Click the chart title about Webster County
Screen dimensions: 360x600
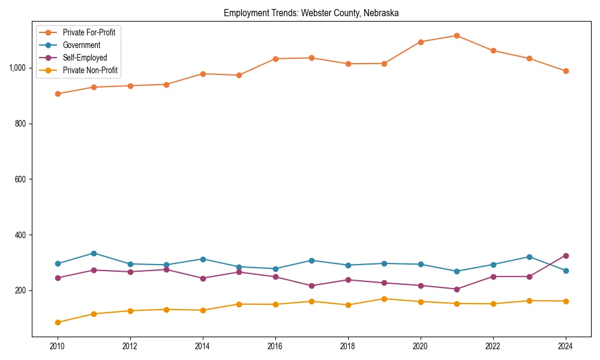click(311, 13)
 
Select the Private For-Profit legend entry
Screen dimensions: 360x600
click(89, 32)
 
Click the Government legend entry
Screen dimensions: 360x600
click(82, 45)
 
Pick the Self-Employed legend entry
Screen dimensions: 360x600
click(85, 58)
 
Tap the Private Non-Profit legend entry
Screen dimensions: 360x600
click(90, 70)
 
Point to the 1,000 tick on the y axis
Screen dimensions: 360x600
click(18, 68)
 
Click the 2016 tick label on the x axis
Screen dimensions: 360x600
click(275, 346)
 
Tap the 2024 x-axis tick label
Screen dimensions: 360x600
click(566, 346)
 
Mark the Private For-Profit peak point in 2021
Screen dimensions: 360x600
click(457, 35)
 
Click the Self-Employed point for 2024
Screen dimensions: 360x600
click(566, 256)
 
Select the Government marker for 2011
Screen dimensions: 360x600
click(94, 253)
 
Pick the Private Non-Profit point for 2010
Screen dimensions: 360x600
click(58, 322)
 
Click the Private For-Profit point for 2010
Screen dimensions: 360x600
click(58, 94)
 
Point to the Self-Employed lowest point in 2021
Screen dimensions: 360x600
click(457, 289)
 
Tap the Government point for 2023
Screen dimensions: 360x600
click(529, 257)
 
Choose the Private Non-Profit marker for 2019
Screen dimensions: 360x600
click(384, 299)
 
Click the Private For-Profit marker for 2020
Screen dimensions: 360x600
click(421, 42)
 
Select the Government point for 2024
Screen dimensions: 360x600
click(566, 271)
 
